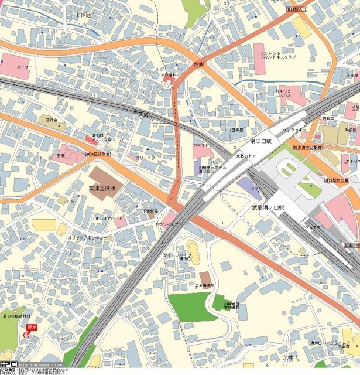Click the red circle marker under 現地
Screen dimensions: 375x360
(26, 335)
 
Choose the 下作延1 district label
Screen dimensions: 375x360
(85, 13)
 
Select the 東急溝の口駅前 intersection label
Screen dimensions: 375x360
(308, 148)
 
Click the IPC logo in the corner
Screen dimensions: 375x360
(8, 363)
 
